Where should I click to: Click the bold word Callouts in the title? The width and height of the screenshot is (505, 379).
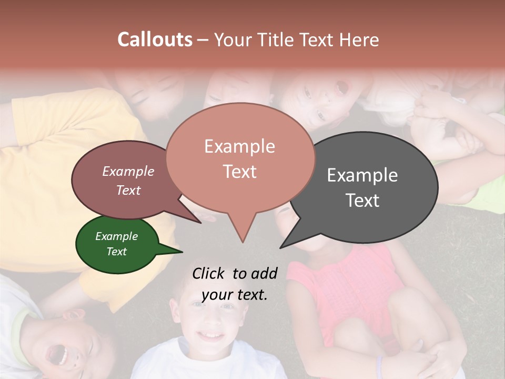(155, 39)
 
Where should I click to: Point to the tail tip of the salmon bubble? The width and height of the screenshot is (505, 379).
(242, 242)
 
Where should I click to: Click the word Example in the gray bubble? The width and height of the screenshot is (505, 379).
(362, 175)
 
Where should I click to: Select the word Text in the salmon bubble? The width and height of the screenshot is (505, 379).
(240, 172)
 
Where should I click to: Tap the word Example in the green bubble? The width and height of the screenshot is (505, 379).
(116, 236)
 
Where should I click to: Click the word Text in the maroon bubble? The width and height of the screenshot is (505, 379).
(128, 191)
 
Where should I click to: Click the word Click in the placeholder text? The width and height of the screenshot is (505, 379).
(209, 273)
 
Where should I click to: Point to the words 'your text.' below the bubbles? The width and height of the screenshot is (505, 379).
(235, 295)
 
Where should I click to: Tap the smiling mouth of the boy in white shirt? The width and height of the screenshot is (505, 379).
(211, 335)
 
